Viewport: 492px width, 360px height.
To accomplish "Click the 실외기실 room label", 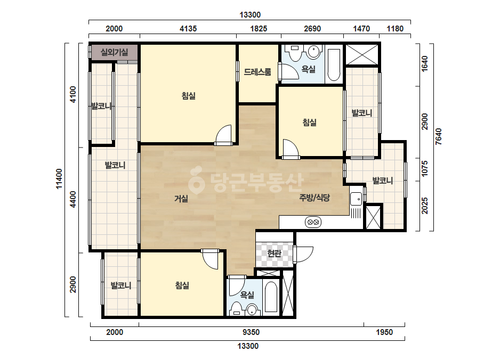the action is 114,52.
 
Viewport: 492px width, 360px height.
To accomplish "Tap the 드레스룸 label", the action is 257,72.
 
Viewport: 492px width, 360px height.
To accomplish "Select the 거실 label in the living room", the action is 181,199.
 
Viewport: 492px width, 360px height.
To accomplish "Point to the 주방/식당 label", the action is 314,198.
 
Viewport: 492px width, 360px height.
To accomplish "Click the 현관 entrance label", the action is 274,253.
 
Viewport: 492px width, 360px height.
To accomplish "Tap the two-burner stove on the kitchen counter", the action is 313,222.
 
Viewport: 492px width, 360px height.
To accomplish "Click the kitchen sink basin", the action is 356,199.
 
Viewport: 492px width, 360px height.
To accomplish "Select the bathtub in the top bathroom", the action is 334,64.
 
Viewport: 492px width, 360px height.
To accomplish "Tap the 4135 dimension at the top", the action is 188,29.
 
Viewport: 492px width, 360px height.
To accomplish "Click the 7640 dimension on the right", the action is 438,136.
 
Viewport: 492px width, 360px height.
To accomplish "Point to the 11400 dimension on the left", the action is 59,179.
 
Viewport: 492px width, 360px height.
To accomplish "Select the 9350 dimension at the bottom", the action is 252,332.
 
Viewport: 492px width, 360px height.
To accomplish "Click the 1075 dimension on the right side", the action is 424,168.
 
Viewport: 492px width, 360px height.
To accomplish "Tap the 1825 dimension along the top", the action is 259,29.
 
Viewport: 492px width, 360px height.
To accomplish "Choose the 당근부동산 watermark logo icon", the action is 196,181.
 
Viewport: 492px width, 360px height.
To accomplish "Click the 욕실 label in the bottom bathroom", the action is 247,295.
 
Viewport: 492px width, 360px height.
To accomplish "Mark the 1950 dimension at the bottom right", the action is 384,332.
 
